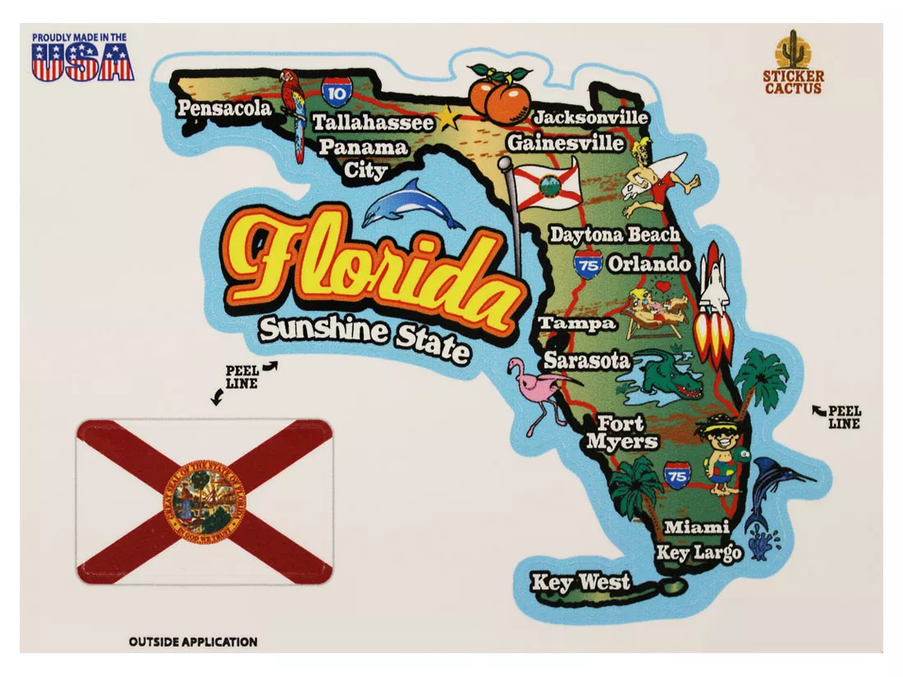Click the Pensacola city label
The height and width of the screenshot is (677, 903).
pos(223,108)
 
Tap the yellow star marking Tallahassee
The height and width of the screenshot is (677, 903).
pos(448,119)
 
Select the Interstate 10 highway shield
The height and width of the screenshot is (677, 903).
pos(334,93)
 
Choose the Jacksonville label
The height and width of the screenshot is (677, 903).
pos(590,117)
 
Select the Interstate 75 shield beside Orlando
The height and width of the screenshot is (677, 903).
pos(588,264)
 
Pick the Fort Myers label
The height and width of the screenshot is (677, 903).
pos(621,432)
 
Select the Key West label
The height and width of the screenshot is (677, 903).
pos(581,583)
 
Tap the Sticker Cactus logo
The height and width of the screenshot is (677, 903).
pos(792,63)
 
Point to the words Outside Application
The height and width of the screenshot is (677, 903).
pos(193,642)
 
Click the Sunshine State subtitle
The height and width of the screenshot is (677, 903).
pos(364,337)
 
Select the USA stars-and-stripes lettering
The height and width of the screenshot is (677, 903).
pos(82,64)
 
